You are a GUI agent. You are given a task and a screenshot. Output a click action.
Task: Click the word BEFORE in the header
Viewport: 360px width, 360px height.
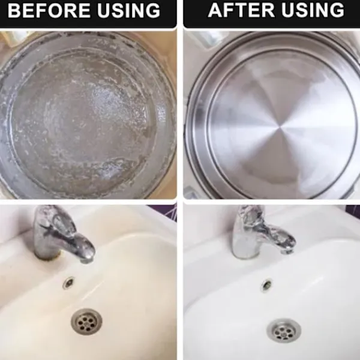(x=49, y=10)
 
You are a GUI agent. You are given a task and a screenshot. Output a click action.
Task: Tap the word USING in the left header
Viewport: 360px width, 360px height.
(x=128, y=10)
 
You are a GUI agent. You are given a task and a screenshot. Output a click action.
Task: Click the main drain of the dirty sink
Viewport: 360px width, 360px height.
(x=86, y=322)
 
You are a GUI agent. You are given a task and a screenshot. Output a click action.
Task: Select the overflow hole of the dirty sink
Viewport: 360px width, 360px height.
(x=68, y=282)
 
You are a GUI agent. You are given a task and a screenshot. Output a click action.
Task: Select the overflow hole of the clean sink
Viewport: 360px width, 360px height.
(x=267, y=285)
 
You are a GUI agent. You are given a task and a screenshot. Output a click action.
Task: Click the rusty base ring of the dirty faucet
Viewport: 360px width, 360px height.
(x=48, y=256)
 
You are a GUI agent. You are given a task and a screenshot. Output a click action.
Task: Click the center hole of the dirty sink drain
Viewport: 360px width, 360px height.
(x=86, y=322)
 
